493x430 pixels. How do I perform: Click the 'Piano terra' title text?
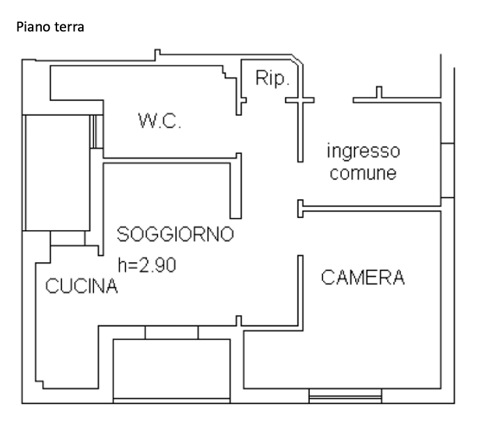pos(49,28)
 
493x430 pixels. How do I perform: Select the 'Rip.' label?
pos(272,79)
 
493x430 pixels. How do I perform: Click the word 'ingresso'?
pos(363,151)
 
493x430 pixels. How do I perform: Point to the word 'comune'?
pos(363,173)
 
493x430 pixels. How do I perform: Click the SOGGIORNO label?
pos(174,234)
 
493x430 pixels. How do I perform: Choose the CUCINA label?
pos(81,286)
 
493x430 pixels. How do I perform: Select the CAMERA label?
pos(362,277)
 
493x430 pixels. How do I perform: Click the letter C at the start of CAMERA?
pos(327,277)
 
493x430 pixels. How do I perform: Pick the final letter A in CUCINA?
pos(111,286)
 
